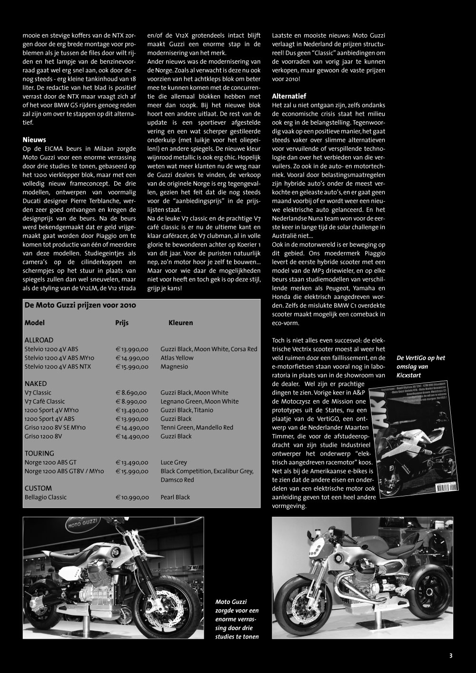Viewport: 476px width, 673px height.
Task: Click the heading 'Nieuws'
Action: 34,140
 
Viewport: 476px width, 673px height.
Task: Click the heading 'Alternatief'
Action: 288,96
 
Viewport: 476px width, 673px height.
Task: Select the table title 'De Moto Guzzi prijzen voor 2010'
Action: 80,306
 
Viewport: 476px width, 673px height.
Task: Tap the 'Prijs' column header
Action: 122,323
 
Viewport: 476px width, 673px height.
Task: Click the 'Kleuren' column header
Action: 180,323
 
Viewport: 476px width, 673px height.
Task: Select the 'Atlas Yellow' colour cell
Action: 177,358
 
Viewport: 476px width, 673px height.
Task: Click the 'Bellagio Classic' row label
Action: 46,497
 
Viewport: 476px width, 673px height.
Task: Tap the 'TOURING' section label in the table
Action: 39,454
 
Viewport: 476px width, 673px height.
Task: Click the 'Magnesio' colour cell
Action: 174,366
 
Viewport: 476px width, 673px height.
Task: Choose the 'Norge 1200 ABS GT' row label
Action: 50,463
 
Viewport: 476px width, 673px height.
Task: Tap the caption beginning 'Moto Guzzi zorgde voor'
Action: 237,619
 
